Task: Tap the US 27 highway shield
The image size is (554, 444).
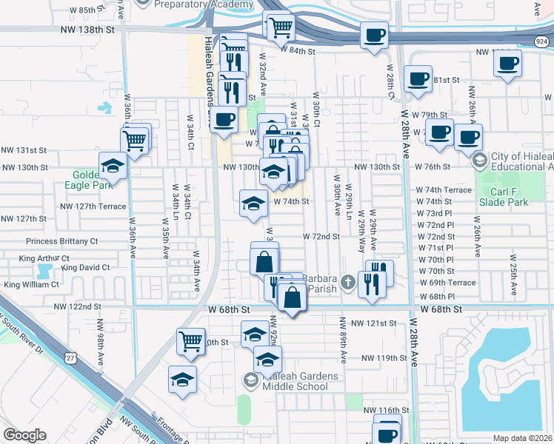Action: tap(70, 357)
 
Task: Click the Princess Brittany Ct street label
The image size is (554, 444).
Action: tap(62, 241)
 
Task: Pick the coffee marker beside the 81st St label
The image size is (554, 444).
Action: tap(418, 78)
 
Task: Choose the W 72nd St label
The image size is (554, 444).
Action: tap(321, 237)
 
